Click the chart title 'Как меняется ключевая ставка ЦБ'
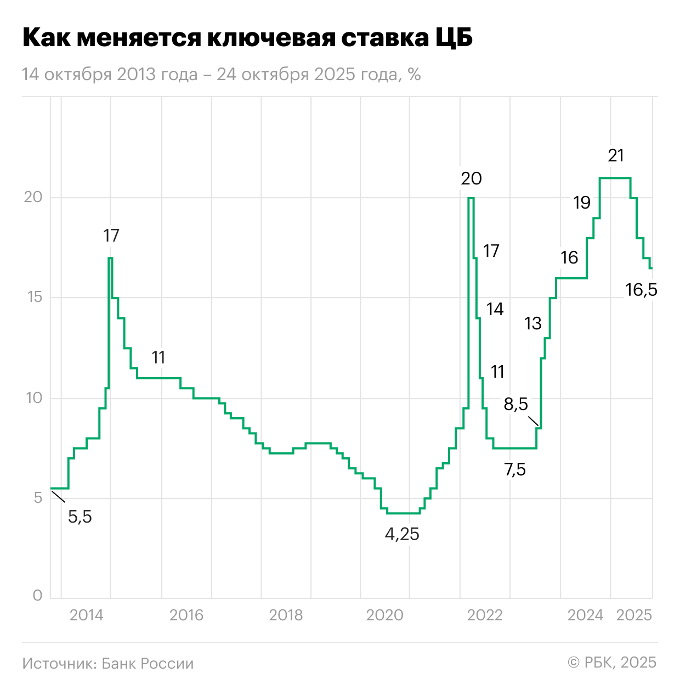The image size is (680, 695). [247, 38]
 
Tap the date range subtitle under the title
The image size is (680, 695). [221, 75]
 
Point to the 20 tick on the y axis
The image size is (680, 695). [33, 197]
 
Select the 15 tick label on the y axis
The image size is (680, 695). [33, 298]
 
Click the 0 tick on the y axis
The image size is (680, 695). [37, 596]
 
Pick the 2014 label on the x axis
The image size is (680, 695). [86, 615]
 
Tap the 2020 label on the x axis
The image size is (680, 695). [384, 615]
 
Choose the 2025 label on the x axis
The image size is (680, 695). [634, 615]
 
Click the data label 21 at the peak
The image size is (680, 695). [616, 156]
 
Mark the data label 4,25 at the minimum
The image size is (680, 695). [402, 534]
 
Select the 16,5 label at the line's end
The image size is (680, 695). [641, 290]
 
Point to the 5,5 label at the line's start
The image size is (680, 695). [80, 517]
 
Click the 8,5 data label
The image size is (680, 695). [515, 405]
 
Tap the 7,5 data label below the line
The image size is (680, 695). [514, 470]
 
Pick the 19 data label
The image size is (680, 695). [582, 203]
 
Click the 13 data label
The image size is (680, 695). [533, 324]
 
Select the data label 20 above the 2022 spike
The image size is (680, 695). [471, 178]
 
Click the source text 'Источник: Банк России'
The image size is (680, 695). [108, 664]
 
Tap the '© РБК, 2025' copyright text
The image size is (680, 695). [612, 663]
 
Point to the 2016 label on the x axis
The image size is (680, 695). [186, 615]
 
